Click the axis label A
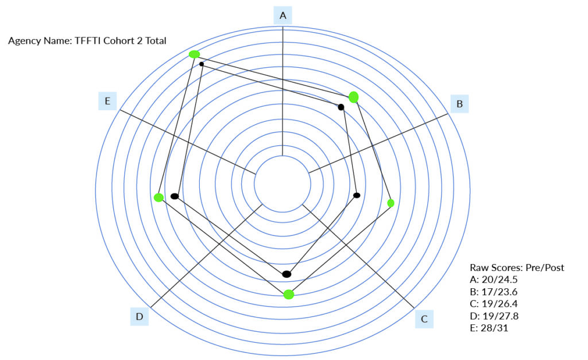(283, 16)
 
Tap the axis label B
(459, 104)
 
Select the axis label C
(424, 319)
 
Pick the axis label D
(140, 316)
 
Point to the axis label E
(107, 101)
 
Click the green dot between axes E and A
(194, 55)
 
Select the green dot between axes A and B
(353, 97)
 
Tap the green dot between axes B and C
(390, 203)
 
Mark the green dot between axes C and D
(288, 295)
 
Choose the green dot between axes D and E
(158, 198)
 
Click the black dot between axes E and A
(202, 64)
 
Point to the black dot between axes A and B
(341, 107)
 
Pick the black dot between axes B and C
(357, 195)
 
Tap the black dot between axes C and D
(287, 274)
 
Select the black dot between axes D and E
(175, 196)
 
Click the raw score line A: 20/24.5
(493, 280)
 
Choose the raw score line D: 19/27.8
(494, 316)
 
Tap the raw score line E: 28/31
(489, 328)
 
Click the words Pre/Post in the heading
(545, 268)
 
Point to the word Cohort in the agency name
(119, 41)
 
